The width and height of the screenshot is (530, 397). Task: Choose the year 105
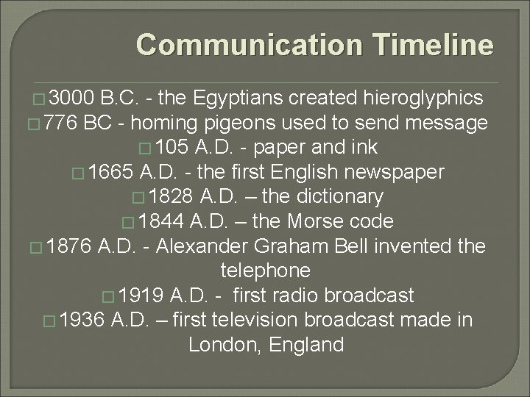(172, 147)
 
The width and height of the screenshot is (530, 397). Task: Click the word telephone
(265, 271)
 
